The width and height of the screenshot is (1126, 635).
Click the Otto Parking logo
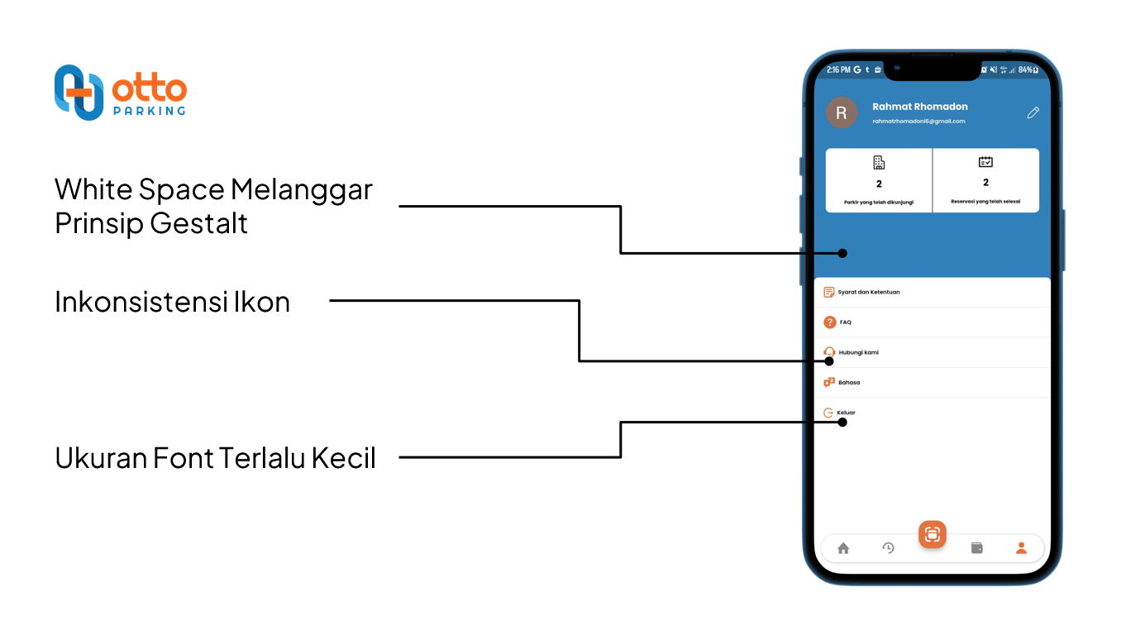(120, 93)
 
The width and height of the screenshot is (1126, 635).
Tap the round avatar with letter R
(842, 113)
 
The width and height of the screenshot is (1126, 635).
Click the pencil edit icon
(1033, 112)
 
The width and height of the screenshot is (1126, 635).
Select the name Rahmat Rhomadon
(919, 107)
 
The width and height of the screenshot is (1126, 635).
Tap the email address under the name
(918, 122)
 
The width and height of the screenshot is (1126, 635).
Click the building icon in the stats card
(879, 163)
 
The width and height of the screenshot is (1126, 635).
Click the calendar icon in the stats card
(985, 162)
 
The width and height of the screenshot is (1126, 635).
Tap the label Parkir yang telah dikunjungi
(879, 202)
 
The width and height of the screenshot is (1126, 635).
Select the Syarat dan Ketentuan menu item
(868, 292)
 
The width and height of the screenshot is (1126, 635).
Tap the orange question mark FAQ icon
(830, 322)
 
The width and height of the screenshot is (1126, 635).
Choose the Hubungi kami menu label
(858, 352)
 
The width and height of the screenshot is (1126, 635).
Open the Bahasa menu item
(849, 383)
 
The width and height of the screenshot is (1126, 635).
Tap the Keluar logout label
(846, 413)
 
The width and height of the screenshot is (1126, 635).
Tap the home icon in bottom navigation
(843, 548)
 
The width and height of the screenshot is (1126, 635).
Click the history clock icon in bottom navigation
(888, 547)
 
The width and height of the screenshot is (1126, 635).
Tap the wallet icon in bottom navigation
(976, 547)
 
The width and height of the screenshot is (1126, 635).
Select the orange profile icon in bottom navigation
(1021, 547)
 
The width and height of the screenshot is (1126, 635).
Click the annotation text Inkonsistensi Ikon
(172, 302)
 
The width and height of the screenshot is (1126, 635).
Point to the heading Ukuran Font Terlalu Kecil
(215, 457)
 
